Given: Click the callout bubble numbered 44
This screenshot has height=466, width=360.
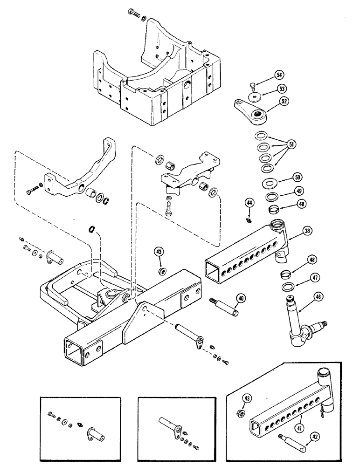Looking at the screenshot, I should point(249,203).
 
